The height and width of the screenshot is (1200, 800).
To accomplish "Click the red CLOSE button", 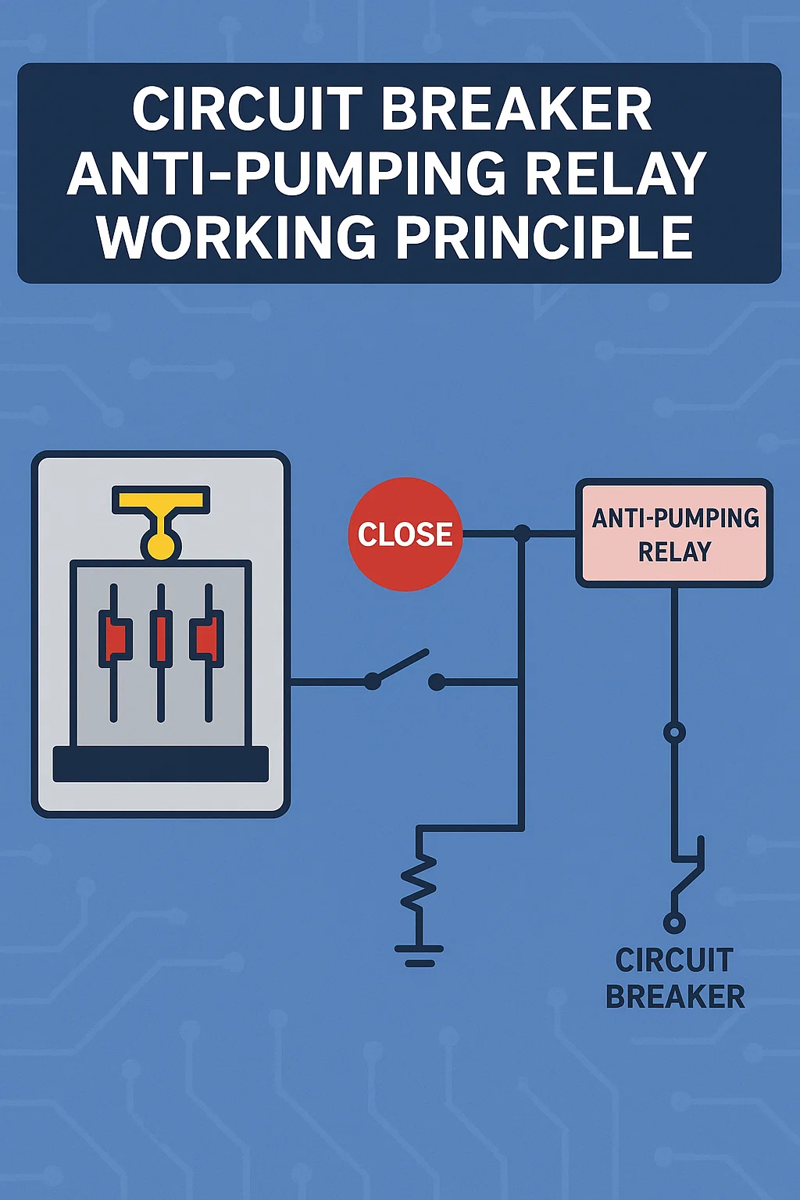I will (405, 534).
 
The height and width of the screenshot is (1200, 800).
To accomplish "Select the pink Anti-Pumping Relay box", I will (674, 534).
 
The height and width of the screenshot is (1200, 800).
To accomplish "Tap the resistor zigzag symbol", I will (420, 883).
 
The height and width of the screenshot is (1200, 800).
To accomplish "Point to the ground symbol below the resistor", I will (420, 955).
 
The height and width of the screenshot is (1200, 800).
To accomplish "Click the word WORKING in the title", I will (237, 237).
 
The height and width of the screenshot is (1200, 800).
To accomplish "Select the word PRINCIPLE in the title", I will (545, 237).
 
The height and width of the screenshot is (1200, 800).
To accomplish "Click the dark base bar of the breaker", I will (161, 764).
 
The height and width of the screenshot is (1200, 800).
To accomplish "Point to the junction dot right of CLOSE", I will (522, 534).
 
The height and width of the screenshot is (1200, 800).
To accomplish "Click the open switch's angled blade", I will (402, 666).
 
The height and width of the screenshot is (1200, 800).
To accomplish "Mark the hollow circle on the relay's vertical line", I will (674, 733).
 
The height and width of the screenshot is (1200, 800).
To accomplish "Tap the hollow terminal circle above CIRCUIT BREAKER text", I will (674, 922).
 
